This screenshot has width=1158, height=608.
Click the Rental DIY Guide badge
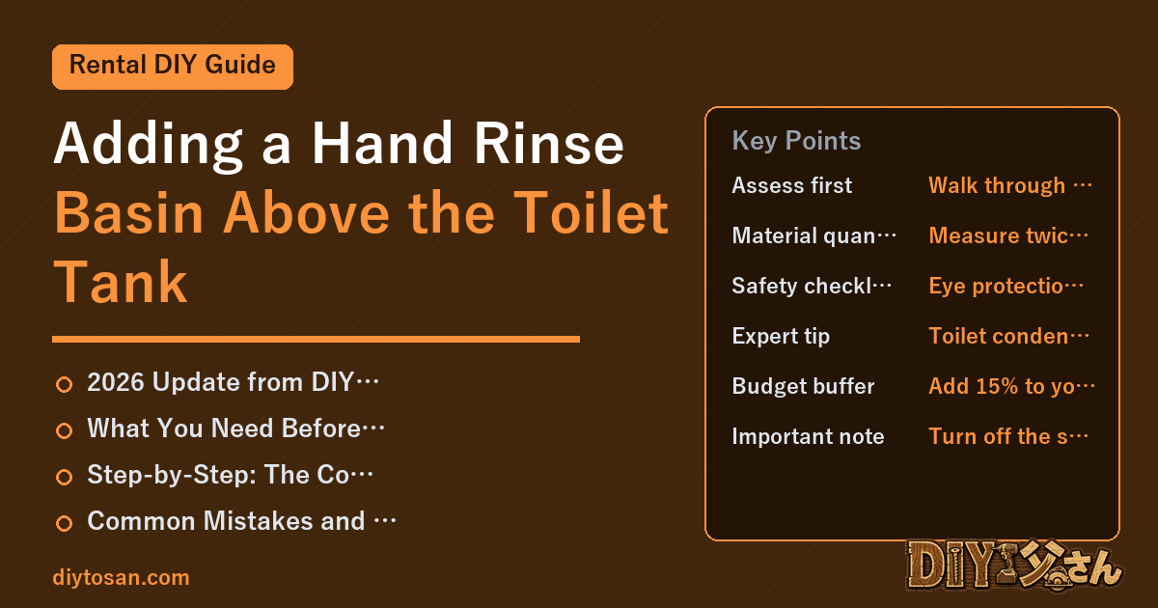tap(173, 67)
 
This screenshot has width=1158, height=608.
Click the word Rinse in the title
tap(549, 143)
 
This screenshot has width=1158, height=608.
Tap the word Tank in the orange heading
tap(120, 282)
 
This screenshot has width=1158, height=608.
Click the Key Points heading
tap(796, 141)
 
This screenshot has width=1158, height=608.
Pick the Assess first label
tap(791, 185)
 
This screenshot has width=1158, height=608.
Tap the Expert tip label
tap(781, 336)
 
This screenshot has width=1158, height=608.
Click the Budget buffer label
tap(803, 386)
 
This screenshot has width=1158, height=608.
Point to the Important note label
tap(808, 436)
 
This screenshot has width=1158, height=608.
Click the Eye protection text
tap(1006, 286)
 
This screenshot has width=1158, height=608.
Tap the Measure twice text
tap(1008, 235)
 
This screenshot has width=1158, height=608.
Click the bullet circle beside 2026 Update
tap(64, 384)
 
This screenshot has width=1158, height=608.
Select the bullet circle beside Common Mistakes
tap(64, 523)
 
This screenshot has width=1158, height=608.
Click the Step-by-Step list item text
tap(230, 475)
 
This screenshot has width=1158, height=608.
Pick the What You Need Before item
tap(235, 428)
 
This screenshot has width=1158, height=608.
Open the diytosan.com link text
tap(121, 577)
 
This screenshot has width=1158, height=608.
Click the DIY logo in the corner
tap(1014, 566)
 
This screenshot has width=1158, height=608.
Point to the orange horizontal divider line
tap(316, 339)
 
